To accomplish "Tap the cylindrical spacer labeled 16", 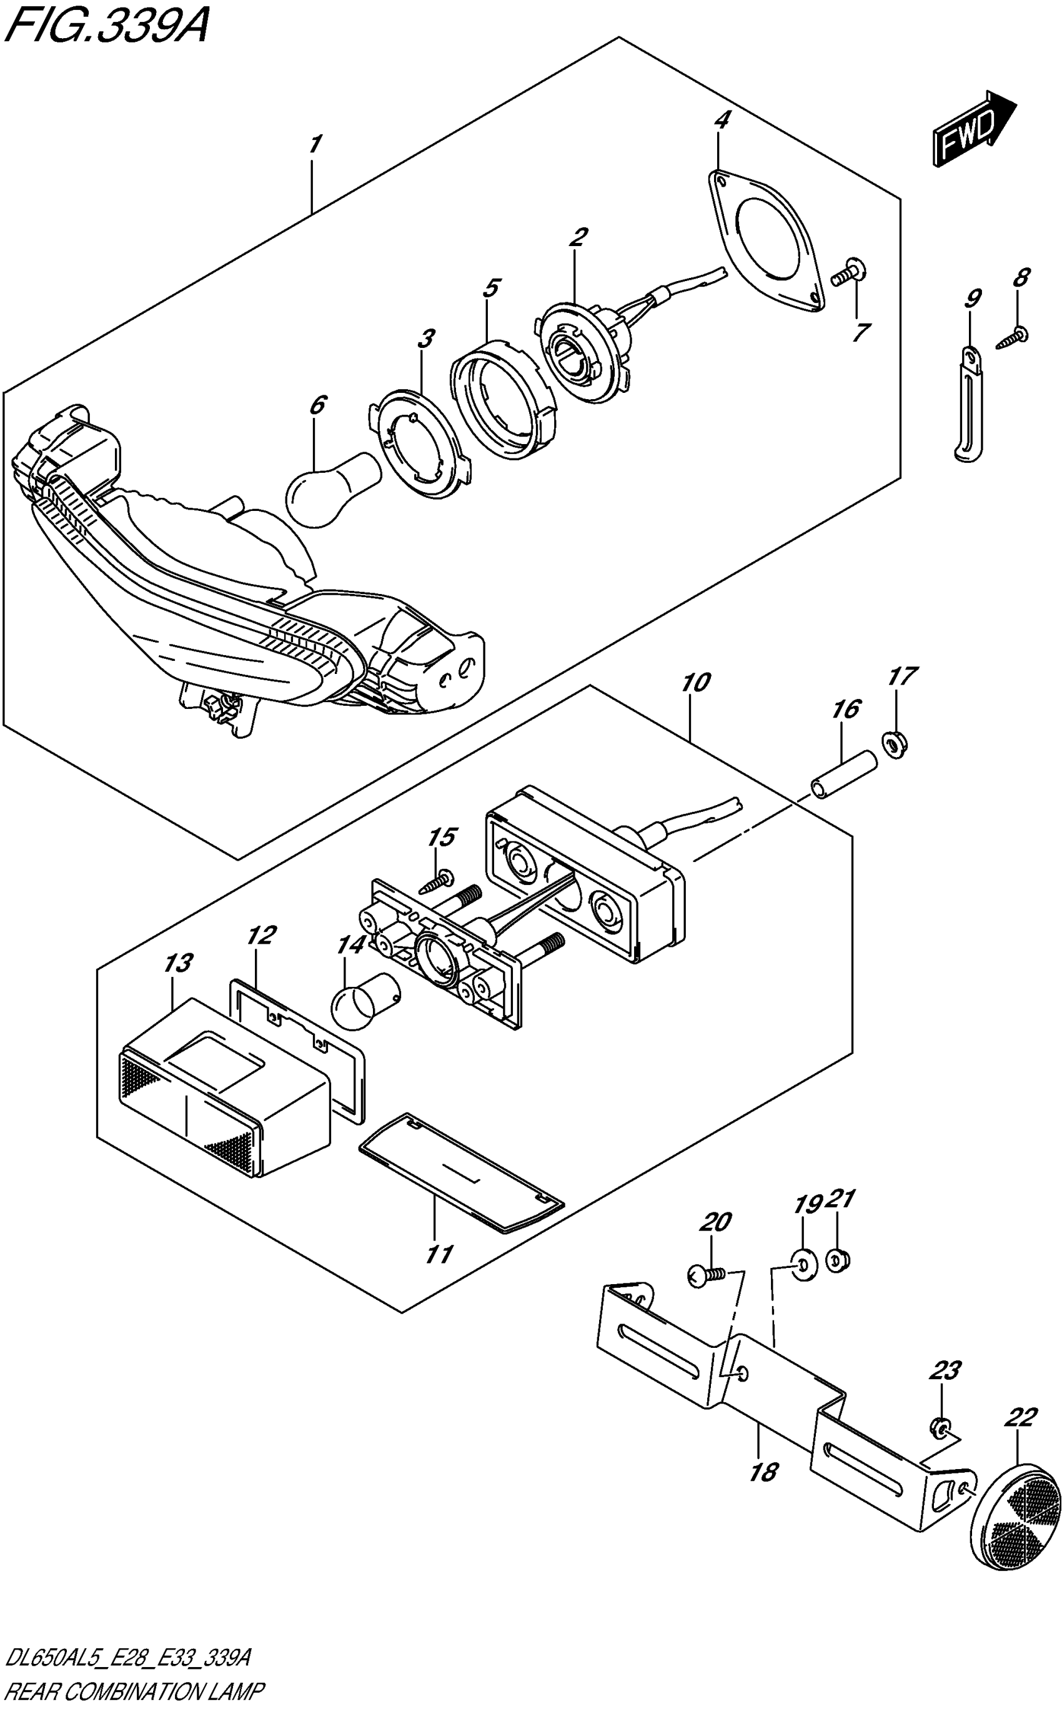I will click(x=843, y=774).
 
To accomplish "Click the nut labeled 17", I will click(x=894, y=744).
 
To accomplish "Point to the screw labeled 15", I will click(x=439, y=880).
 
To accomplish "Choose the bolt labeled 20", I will click(x=705, y=1275).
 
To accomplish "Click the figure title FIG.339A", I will click(x=106, y=28).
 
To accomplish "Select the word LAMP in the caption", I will click(x=239, y=1691).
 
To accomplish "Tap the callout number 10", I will click(x=695, y=682).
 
